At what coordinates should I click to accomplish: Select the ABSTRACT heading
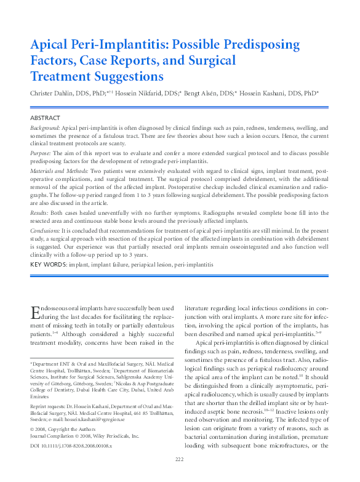coord(45,118)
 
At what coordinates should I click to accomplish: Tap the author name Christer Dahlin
coord(55,94)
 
